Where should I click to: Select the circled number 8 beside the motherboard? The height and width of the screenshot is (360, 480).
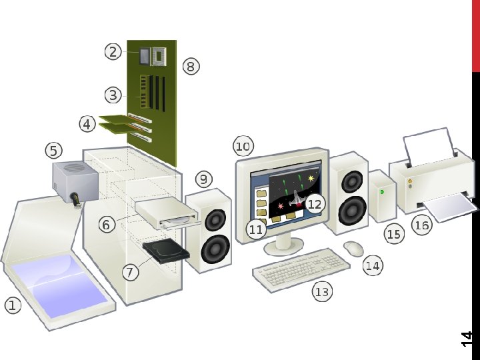tap(191, 66)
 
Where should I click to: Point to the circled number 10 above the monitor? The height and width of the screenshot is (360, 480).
tap(243, 146)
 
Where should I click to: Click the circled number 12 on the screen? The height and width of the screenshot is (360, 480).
tap(315, 204)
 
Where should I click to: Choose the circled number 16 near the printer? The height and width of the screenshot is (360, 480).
tap(421, 225)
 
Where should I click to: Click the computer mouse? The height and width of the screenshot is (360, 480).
tap(354, 248)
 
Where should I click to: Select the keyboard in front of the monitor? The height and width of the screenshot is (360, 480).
tap(301, 268)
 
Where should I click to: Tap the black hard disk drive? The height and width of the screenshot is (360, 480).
tap(166, 252)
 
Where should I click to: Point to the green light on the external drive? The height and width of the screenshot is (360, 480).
tap(382, 191)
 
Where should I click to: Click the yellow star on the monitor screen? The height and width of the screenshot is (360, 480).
tap(311, 179)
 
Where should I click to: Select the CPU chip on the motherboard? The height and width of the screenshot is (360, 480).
tap(159, 57)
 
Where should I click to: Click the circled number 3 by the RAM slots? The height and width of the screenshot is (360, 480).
tap(113, 95)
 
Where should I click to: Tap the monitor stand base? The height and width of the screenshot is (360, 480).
tap(283, 248)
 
